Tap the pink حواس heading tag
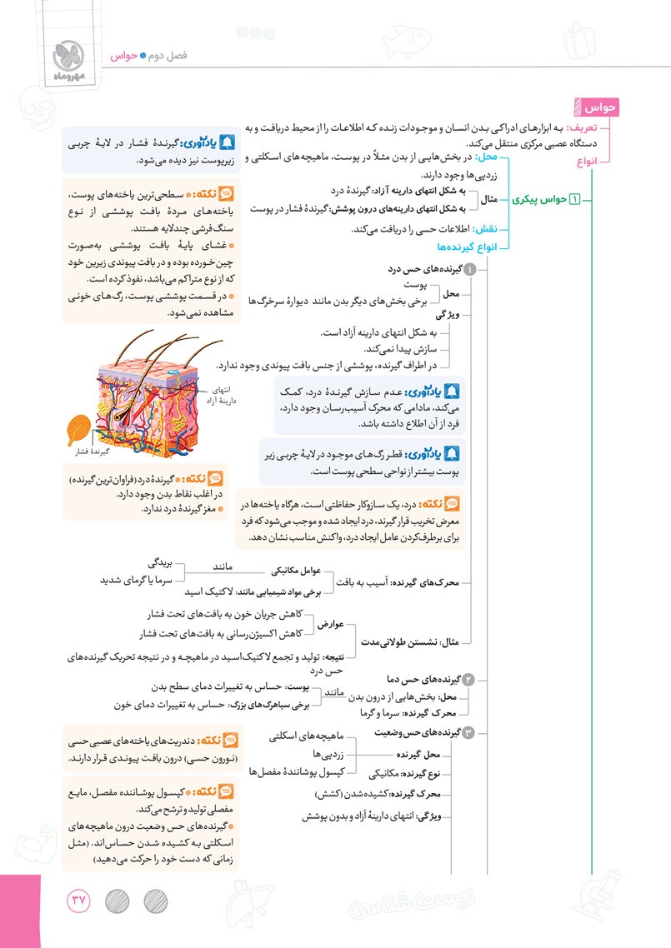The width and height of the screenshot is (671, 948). pyautogui.click(x=601, y=108)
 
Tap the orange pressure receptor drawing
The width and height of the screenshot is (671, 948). pyautogui.click(x=78, y=431)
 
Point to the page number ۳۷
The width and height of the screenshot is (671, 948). pyautogui.click(x=80, y=901)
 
